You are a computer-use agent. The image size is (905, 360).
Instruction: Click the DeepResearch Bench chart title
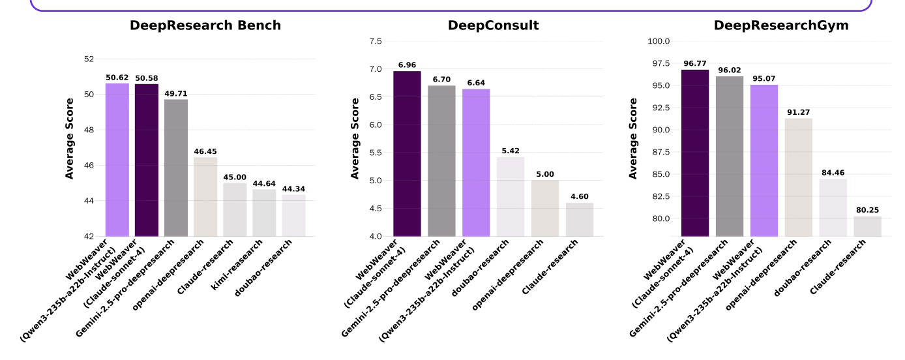point(205,25)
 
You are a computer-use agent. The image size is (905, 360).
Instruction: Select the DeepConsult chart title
point(493,25)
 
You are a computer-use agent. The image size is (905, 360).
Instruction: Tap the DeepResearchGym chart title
point(781,25)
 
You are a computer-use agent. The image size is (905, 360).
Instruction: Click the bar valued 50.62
point(117,160)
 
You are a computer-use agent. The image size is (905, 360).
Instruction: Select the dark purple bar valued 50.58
point(147,160)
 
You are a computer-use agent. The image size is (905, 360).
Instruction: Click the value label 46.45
point(205,151)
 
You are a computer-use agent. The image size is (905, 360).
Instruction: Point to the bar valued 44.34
point(293,215)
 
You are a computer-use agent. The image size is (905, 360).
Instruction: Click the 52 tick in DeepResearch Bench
point(89,59)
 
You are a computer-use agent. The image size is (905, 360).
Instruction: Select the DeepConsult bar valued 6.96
point(407,153)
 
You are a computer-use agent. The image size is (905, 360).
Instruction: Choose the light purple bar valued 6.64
point(476,162)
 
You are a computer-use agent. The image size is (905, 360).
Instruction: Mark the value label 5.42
point(511,151)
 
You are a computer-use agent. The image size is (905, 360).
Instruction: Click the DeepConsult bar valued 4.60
point(580,219)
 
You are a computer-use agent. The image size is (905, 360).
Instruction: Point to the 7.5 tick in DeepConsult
point(376,41)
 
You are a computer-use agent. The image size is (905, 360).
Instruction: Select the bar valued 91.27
point(799,177)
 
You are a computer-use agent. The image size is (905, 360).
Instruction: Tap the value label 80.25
point(868,210)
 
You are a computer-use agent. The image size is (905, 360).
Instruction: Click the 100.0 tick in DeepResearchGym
point(659,41)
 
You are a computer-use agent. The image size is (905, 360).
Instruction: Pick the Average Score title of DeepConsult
point(355,138)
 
